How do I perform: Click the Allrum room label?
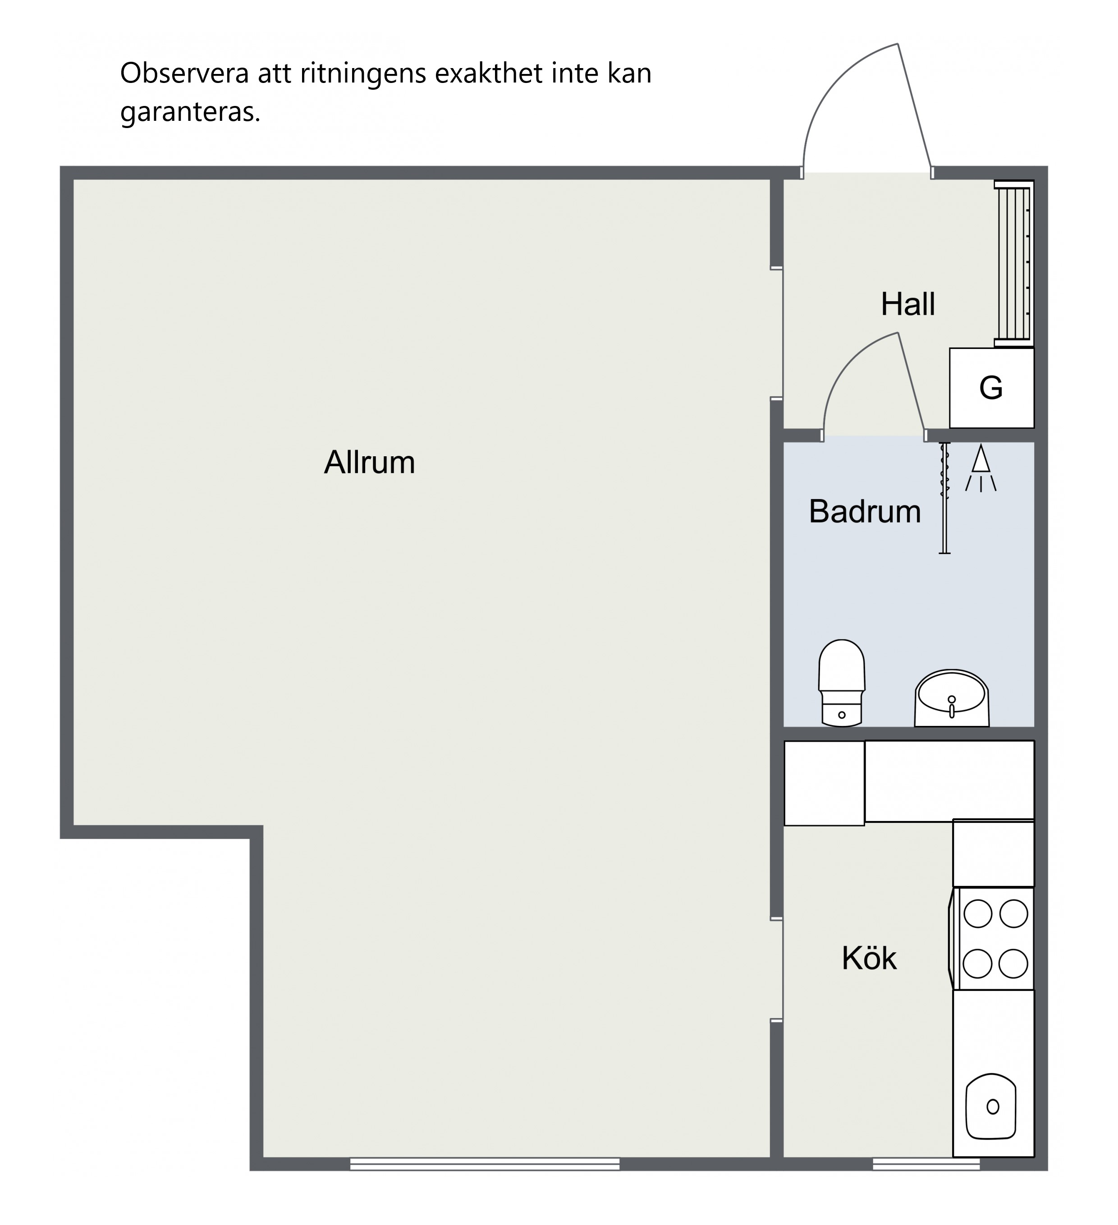click(x=369, y=463)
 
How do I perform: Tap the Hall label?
click(x=908, y=304)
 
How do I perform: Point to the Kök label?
click(x=869, y=958)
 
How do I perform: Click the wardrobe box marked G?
click(x=992, y=388)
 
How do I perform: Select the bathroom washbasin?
click(x=952, y=698)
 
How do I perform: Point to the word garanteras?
click(x=190, y=112)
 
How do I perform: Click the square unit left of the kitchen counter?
click(x=825, y=783)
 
